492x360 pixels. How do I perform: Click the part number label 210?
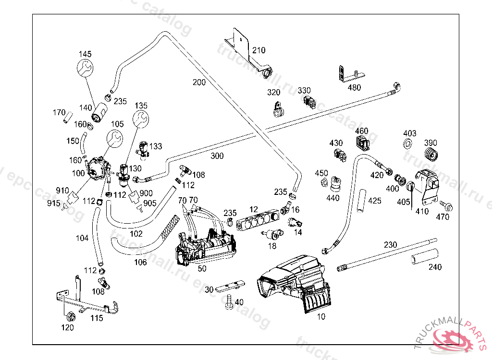click(x=258, y=50)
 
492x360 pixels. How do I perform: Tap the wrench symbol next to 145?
click(x=86, y=68)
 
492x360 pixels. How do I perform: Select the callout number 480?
click(x=354, y=87)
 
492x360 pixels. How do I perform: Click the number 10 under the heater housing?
click(x=321, y=316)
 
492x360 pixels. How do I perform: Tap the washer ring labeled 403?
click(x=409, y=143)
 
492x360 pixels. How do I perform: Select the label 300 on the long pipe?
click(x=217, y=156)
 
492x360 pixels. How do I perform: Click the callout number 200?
click(x=199, y=82)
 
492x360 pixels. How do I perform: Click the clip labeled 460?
click(x=362, y=143)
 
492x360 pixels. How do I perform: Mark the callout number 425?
click(x=375, y=200)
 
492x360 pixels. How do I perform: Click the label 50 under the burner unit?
click(x=202, y=269)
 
